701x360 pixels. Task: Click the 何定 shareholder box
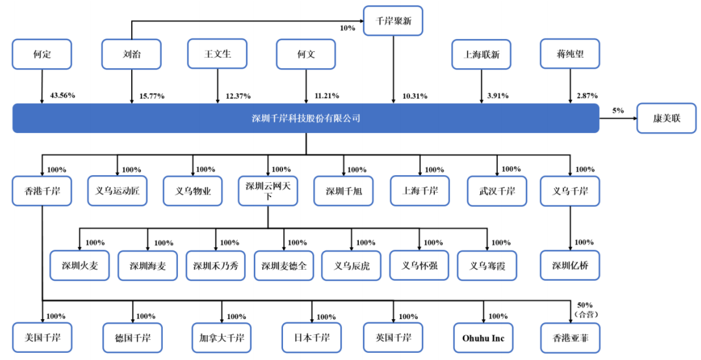tap(42, 54)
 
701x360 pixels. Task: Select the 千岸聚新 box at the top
tap(393, 21)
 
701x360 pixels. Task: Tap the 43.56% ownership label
tap(62, 95)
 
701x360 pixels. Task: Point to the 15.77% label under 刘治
tap(151, 96)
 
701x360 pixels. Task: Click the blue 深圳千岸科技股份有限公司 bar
tap(306, 119)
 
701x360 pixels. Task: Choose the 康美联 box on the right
tap(666, 119)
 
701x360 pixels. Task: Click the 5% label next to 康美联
tap(618, 110)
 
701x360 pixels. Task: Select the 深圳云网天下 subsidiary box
tap(267, 191)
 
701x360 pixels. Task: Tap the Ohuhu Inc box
tap(483, 338)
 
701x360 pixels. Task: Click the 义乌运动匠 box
tap(117, 191)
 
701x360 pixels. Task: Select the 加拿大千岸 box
tap(221, 338)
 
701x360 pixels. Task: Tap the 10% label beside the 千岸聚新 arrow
tap(348, 28)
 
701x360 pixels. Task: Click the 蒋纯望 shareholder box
tap(570, 54)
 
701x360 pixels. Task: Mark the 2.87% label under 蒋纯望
tap(587, 96)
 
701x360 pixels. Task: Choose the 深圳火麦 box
tap(80, 265)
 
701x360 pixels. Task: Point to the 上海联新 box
tap(481, 54)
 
